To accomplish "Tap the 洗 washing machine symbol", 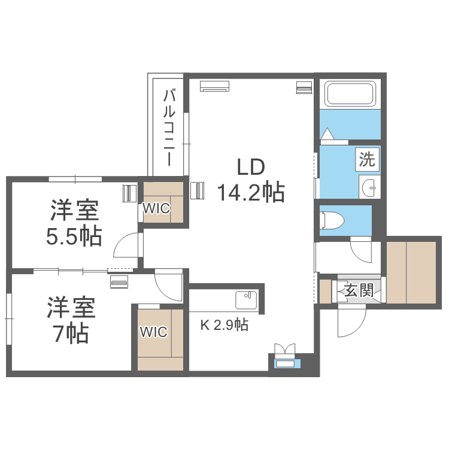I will pyautogui.click(x=367, y=159).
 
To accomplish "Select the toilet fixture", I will pyautogui.click(x=332, y=221).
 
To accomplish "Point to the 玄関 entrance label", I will pyautogui.click(x=359, y=290).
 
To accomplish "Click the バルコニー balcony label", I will pyautogui.click(x=169, y=128).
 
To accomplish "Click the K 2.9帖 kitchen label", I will pyautogui.click(x=224, y=326).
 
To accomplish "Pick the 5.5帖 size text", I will pyautogui.click(x=74, y=237).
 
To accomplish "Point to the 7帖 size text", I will pyautogui.click(x=71, y=332).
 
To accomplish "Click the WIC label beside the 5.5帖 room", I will pyautogui.click(x=156, y=208).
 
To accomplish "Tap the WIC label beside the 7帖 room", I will pyautogui.click(x=153, y=332).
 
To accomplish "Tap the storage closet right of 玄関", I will pyautogui.click(x=411, y=272).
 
